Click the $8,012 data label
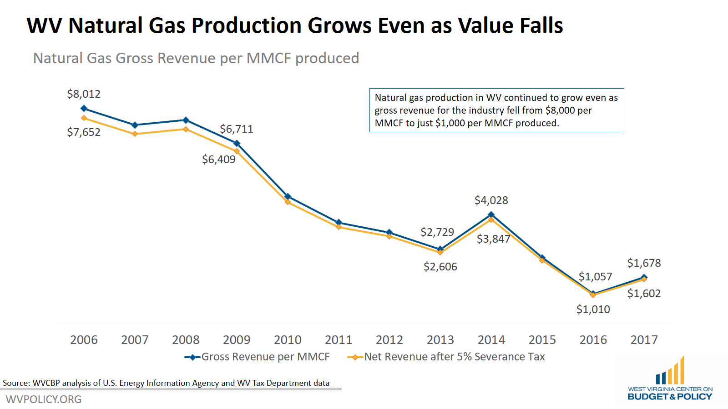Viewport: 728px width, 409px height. coord(84,94)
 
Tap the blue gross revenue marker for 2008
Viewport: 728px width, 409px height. coord(186,120)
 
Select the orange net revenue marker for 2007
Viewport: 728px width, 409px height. coord(135,134)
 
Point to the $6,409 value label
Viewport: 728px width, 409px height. coord(218,160)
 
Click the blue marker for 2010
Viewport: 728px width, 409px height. coord(288,196)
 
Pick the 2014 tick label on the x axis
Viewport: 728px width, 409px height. coord(491,340)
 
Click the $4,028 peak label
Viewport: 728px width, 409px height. coord(491,200)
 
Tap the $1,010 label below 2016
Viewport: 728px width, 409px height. coord(593,309)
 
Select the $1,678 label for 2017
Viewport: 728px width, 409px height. coord(644,263)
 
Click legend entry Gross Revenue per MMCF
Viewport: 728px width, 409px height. coord(265,357)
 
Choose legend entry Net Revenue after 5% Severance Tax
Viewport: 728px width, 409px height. coord(454,357)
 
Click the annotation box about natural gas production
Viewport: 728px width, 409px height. coord(496,110)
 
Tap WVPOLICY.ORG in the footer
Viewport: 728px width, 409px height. coord(44,399)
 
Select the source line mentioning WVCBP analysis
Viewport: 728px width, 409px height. coord(166,383)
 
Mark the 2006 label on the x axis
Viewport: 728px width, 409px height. coord(84,340)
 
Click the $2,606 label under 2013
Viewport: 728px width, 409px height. coord(440,267)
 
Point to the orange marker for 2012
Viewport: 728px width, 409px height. coord(389,236)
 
